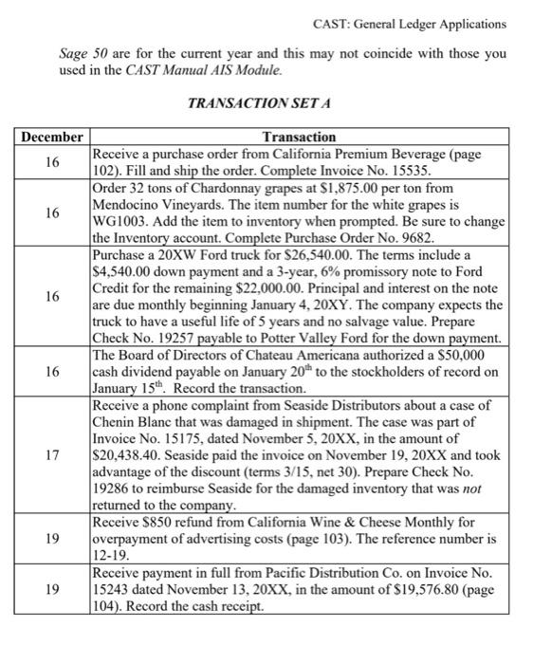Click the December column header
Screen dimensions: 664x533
(x=52, y=138)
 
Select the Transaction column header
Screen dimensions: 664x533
(x=298, y=138)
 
